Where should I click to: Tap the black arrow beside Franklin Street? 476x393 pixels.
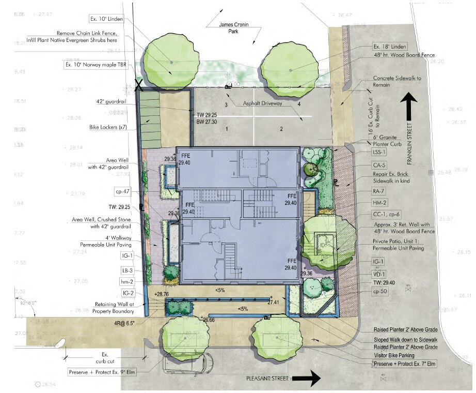click(410, 109)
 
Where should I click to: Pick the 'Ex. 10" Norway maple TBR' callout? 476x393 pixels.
click(99, 65)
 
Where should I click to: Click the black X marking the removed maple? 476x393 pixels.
click(138, 85)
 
